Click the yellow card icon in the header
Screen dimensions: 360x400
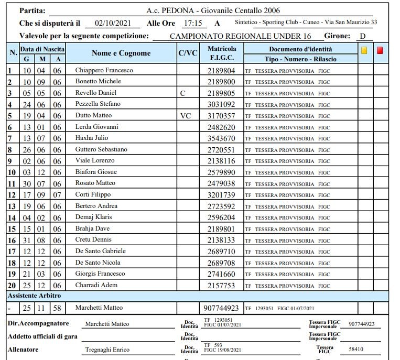coord(364,51)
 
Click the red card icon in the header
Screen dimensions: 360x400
coord(380,51)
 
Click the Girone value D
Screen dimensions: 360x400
coord(362,36)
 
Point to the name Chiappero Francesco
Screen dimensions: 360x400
coord(104,70)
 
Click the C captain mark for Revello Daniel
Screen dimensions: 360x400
coord(182,93)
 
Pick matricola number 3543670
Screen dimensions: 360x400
coord(221,138)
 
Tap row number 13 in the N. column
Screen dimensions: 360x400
coord(12,206)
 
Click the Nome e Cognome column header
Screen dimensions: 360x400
coord(121,53)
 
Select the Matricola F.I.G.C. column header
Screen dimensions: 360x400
coord(222,53)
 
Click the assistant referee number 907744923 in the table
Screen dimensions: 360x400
coord(221,308)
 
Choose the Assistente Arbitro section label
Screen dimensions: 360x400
coord(34,296)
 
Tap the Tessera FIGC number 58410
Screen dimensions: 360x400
coord(356,349)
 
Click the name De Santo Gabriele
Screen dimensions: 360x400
coord(101,252)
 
